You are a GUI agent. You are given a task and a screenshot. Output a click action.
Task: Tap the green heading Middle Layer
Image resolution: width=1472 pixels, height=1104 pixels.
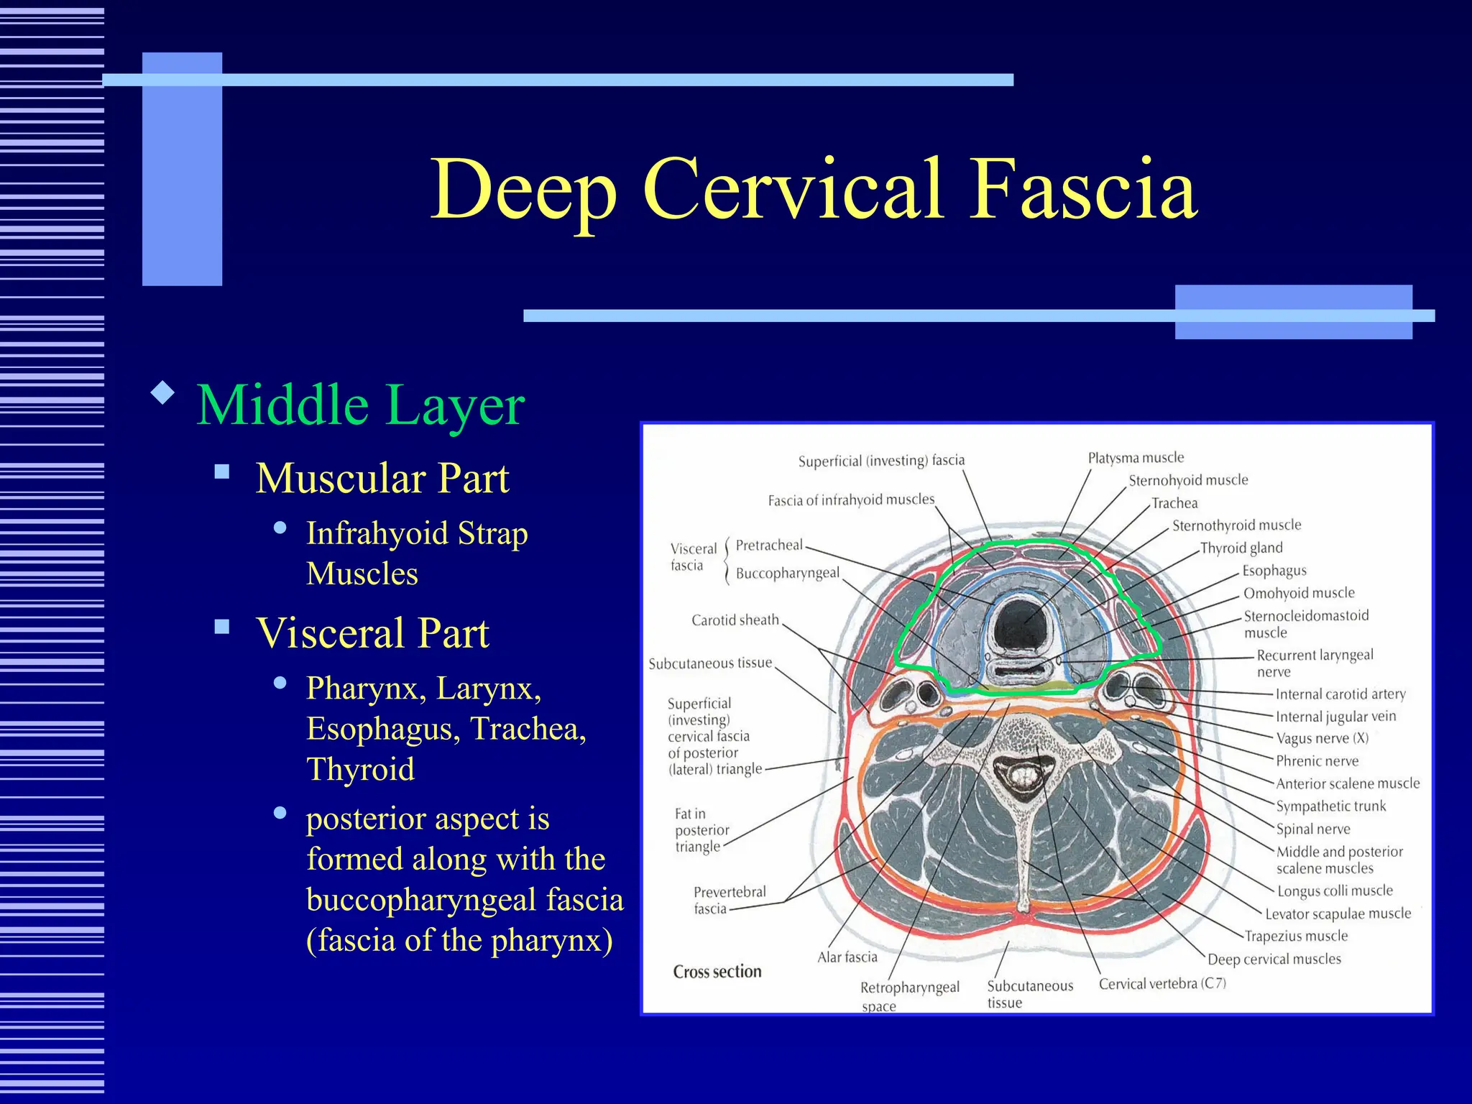tap(361, 405)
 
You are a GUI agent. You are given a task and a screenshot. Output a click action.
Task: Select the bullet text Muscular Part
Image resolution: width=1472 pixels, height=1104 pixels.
tap(382, 478)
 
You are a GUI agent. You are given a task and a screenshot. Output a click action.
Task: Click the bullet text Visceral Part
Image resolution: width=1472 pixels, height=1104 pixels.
tap(372, 633)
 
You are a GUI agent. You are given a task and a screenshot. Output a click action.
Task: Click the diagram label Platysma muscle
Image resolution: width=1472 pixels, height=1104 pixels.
tap(1135, 458)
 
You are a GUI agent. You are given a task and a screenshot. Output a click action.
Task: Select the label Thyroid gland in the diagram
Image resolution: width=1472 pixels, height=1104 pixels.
tap(1241, 548)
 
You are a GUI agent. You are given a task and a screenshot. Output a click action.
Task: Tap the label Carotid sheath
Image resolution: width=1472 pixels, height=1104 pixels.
tap(735, 620)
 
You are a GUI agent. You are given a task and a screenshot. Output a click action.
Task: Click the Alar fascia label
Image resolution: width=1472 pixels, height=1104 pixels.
tap(847, 957)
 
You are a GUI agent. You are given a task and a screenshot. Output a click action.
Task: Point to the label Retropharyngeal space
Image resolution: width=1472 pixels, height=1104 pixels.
tap(909, 995)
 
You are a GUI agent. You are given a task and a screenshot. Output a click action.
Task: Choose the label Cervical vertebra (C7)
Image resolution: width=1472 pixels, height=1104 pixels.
tap(1162, 983)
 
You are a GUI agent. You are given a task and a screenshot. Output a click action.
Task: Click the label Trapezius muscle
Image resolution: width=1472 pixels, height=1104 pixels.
tap(1295, 936)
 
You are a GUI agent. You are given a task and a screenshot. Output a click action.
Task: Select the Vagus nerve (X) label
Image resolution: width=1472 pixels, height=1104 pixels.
tap(1322, 738)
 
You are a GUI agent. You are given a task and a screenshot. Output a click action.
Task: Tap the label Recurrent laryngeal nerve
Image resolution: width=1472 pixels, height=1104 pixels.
tap(1314, 663)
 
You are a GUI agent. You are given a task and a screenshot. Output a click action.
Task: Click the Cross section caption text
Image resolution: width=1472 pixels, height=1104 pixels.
tap(717, 972)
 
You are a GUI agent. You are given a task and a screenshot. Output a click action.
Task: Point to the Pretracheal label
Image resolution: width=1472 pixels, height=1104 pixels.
tap(768, 545)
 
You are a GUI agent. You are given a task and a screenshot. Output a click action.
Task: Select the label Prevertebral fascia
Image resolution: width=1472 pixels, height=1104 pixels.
tap(729, 900)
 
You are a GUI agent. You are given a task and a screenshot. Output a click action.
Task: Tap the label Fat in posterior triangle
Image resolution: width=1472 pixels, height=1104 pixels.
tap(701, 829)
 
